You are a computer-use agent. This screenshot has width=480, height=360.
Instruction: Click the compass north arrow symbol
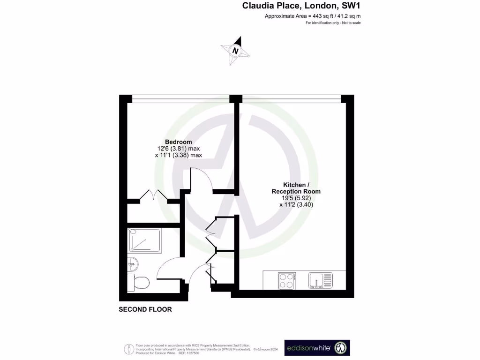tap(235, 50)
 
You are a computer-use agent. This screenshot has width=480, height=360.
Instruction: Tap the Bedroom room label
tap(178, 142)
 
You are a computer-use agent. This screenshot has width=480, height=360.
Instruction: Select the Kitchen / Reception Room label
tap(296, 188)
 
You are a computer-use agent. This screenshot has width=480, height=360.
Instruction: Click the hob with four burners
tap(286, 280)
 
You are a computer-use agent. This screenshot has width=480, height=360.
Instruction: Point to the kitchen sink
tap(320, 280)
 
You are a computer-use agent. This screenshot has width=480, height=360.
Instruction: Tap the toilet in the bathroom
tap(139, 283)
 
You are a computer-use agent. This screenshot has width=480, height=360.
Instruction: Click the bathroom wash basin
tap(132, 264)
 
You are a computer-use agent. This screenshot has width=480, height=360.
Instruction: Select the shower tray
tap(144, 240)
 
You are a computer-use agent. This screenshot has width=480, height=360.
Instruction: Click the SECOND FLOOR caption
tap(145, 309)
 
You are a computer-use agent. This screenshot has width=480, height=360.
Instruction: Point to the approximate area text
tap(313, 16)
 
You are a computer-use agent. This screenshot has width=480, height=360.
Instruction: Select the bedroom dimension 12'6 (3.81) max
tap(178, 149)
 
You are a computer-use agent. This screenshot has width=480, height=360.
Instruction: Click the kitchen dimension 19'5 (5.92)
tap(296, 198)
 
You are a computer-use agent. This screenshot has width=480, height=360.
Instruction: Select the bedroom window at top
tap(180, 98)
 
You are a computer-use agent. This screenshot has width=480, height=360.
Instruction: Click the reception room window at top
tap(292, 98)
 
